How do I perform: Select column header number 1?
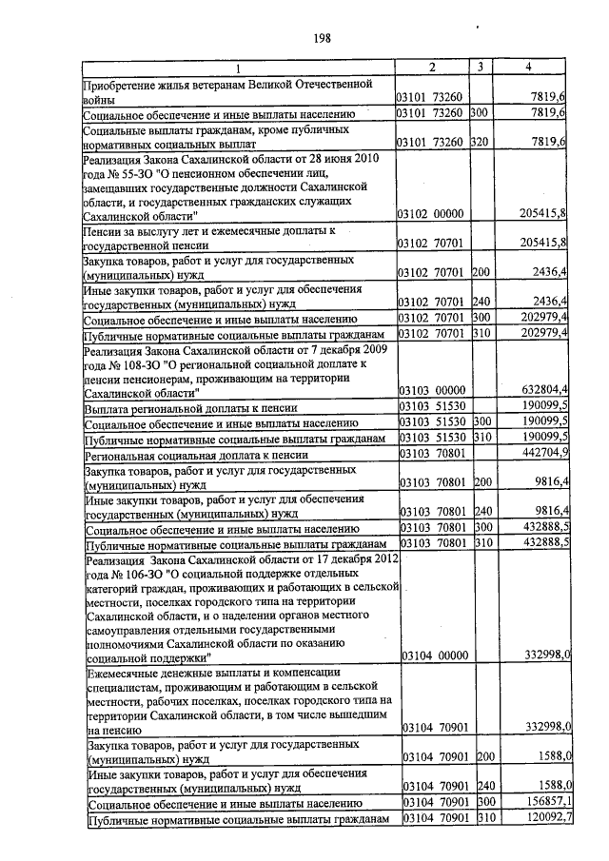pos(238,68)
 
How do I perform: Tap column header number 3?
pos(481,68)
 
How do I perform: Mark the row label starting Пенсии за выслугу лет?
pos(210,231)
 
